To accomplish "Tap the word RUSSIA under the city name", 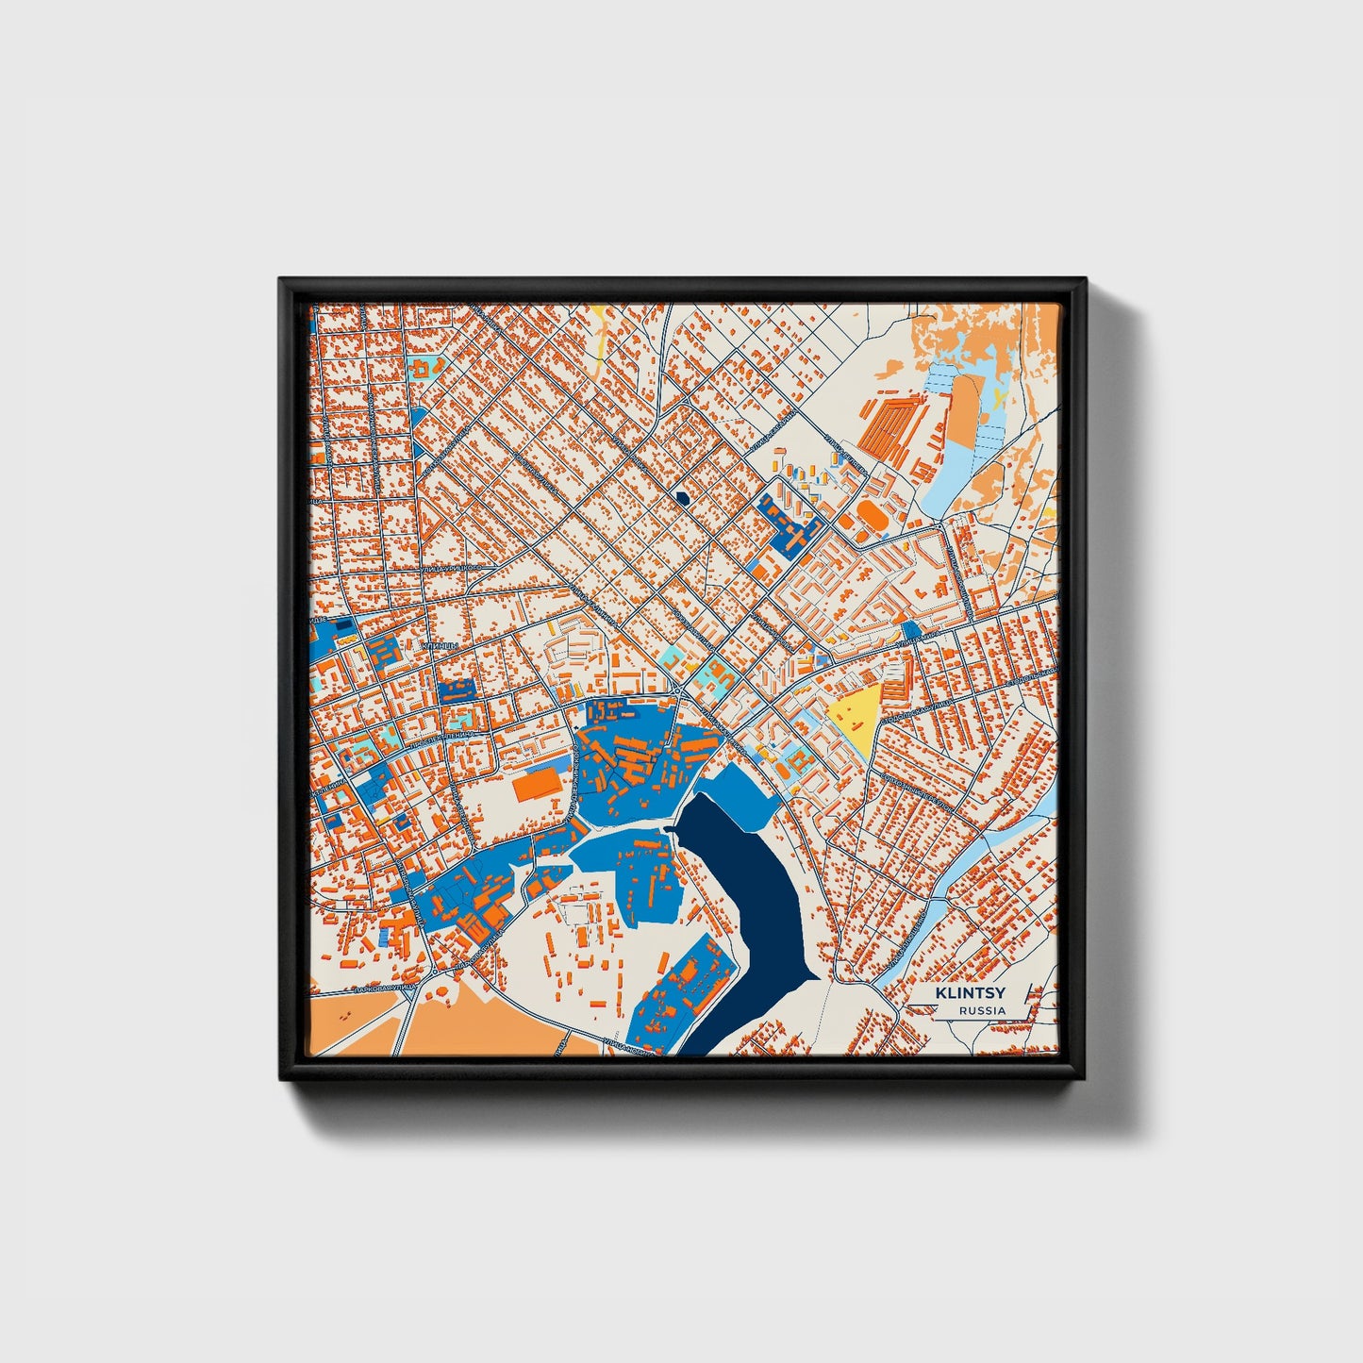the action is point(982,1010).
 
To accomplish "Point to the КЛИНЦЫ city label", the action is point(440,646).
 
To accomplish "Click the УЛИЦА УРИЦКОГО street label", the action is point(451,569).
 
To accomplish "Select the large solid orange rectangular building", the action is point(537,786).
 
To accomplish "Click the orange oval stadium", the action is point(870,516).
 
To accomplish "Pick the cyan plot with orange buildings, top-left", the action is point(426,365).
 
